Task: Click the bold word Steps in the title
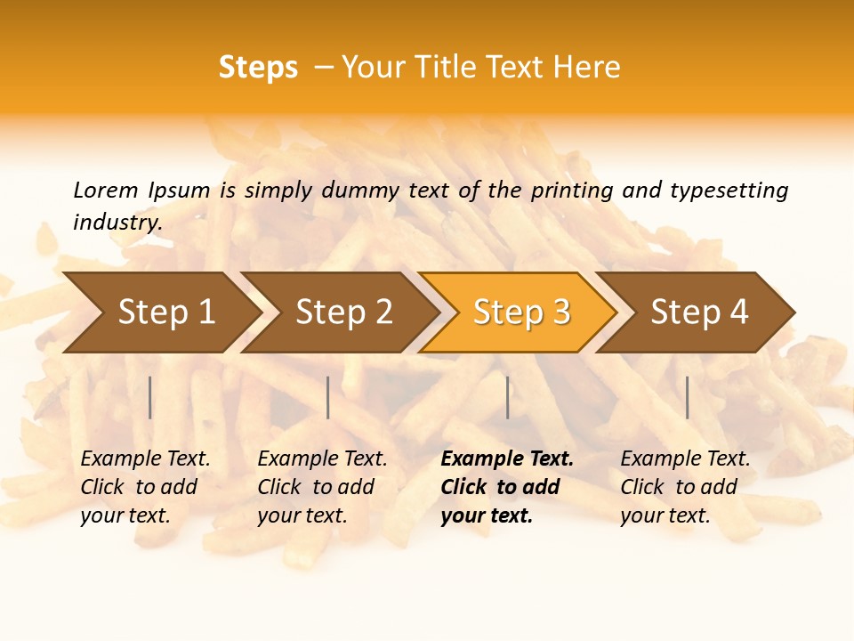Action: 258,68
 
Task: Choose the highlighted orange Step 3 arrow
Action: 521,312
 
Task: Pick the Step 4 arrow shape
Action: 699,312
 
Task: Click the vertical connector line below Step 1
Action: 150,397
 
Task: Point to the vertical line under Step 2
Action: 328,397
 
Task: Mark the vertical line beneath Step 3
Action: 508,397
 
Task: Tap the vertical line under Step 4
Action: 688,397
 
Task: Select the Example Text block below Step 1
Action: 145,487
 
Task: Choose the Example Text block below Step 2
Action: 322,487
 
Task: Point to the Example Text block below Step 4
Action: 685,487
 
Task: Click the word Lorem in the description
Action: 106,191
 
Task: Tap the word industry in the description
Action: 117,223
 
